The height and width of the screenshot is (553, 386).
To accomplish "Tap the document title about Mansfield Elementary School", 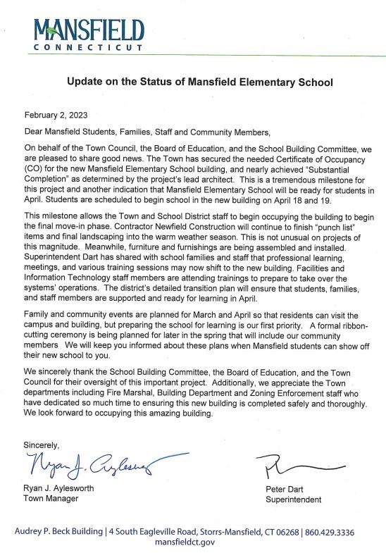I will (199, 82).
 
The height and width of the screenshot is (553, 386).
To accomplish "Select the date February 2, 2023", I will (56, 115).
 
